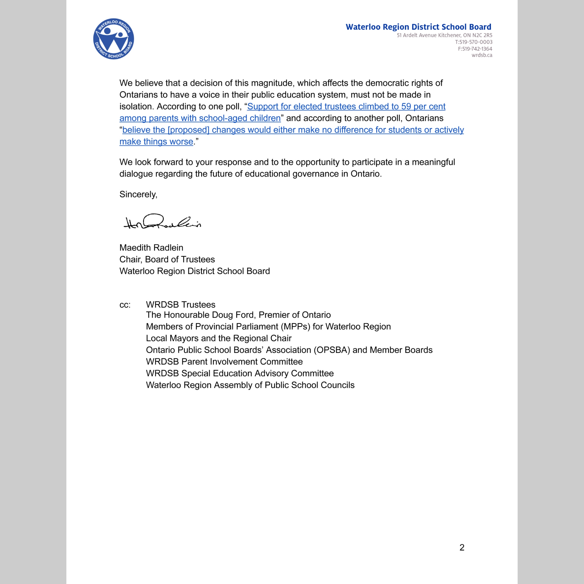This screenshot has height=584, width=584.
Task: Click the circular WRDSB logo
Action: point(113,39)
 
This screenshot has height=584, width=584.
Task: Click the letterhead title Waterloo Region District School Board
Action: point(418,27)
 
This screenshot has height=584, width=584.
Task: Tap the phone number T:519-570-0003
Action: point(474,42)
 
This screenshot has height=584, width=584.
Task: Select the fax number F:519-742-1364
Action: point(475,49)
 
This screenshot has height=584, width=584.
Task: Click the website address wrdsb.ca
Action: point(482,55)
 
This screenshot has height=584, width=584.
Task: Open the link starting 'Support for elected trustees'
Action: point(346,106)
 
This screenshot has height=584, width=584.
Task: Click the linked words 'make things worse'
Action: point(156,141)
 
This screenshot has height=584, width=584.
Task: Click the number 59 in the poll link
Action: point(406,106)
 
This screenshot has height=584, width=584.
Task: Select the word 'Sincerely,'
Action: point(138,194)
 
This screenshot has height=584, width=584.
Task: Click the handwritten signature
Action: point(162,222)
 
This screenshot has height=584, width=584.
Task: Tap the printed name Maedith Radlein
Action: point(151,248)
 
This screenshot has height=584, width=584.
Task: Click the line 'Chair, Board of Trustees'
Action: point(167,259)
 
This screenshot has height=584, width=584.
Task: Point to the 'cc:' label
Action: point(125,305)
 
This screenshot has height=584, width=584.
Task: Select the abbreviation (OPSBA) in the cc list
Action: point(332,350)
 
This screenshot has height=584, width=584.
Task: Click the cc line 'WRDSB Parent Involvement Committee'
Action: point(224,361)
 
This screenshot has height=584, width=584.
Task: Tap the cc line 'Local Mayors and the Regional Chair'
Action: point(218,338)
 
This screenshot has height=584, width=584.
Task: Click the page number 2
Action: point(462,547)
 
